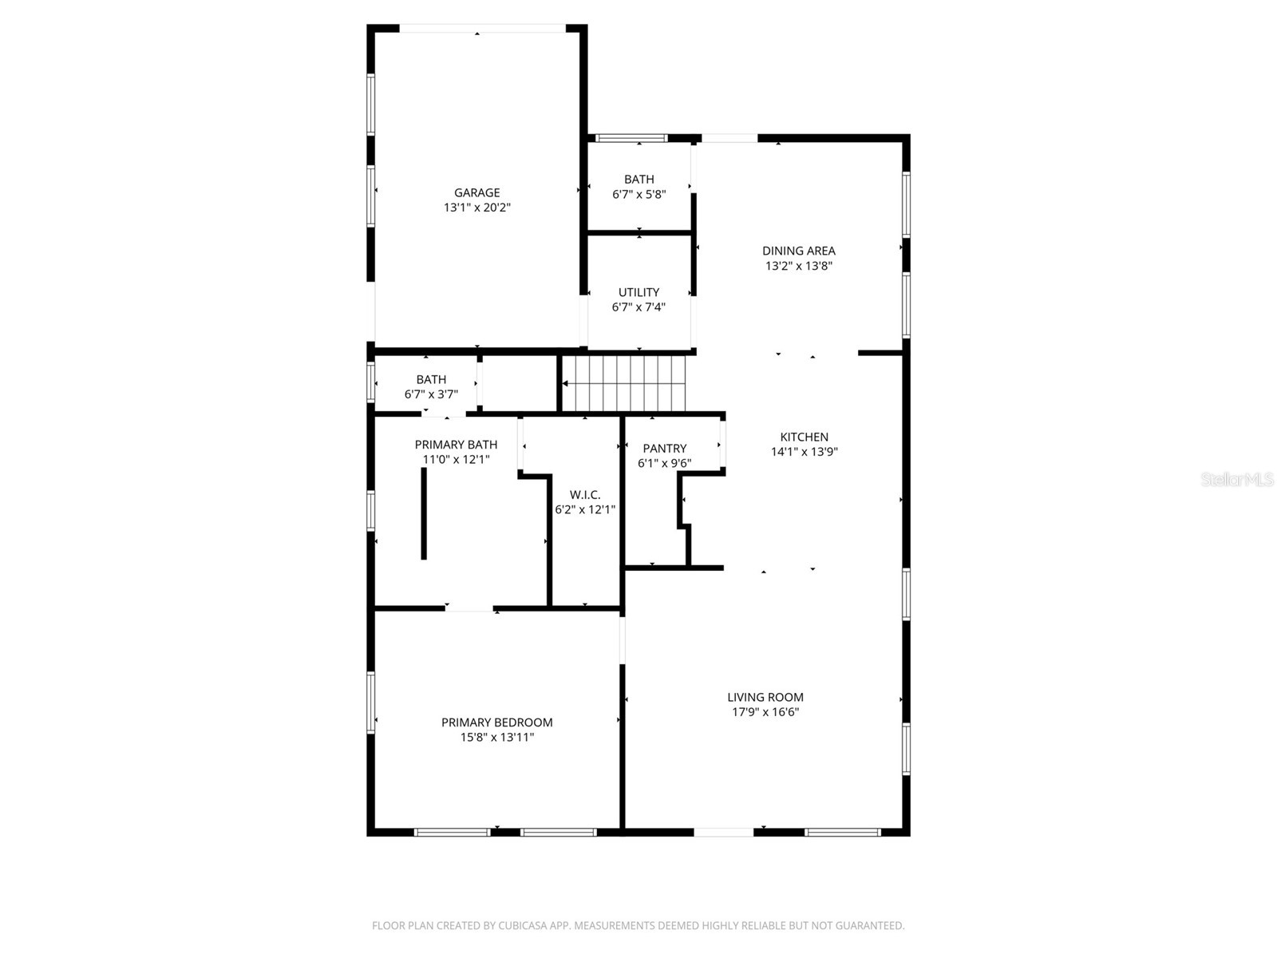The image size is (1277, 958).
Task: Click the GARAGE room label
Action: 476,192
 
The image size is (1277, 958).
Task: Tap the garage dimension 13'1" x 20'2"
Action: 476,208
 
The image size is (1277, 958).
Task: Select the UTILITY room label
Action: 638,292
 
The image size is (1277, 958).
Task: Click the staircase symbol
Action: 624,383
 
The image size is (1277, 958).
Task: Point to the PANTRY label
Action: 664,449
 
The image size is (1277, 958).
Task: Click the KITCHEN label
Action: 804,437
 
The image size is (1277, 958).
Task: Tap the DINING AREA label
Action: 798,251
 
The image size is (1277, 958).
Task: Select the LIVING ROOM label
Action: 765,697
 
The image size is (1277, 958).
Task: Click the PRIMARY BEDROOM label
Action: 496,722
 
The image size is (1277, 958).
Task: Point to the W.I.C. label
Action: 585,495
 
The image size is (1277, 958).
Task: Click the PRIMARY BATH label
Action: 456,445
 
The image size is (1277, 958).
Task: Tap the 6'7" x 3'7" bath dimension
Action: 431,394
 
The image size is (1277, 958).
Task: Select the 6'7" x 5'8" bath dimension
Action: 638,194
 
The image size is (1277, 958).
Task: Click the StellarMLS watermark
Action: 1237,480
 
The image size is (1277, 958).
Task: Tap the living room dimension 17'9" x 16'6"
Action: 765,712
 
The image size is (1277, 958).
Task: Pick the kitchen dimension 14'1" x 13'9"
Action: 804,452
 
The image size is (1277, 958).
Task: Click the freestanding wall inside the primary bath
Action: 424,513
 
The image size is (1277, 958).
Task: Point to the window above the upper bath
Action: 631,138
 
